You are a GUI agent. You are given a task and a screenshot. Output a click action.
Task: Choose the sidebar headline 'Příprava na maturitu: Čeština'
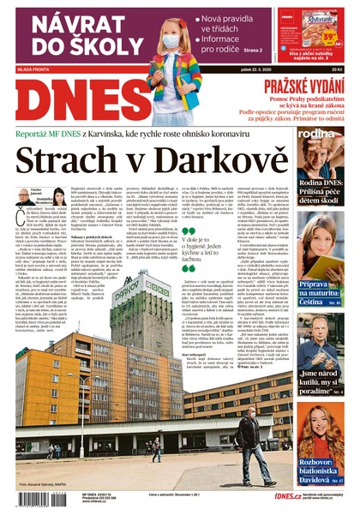click(321, 295)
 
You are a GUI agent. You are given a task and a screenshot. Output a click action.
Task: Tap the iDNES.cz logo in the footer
click(286, 495)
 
